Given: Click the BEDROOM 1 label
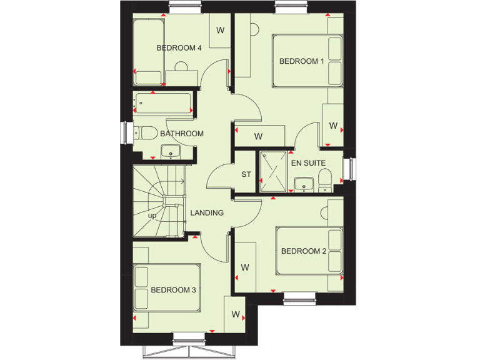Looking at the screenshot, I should [x=301, y=61].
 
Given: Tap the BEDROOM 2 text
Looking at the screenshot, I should [x=303, y=251].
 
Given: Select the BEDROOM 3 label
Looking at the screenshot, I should [x=173, y=290].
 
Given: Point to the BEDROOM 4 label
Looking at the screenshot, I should [x=179, y=48].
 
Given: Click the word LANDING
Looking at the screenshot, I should [x=207, y=213].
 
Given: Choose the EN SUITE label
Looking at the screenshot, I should [x=309, y=163].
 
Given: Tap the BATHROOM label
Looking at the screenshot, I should [x=182, y=134].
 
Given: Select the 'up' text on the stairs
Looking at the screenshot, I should [x=152, y=216].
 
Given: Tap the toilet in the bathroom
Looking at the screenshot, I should [x=146, y=133].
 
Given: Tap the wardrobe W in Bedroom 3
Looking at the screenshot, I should [x=236, y=314].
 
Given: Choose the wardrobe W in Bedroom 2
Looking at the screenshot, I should [x=245, y=267].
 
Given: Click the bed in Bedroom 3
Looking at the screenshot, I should [x=167, y=287].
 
